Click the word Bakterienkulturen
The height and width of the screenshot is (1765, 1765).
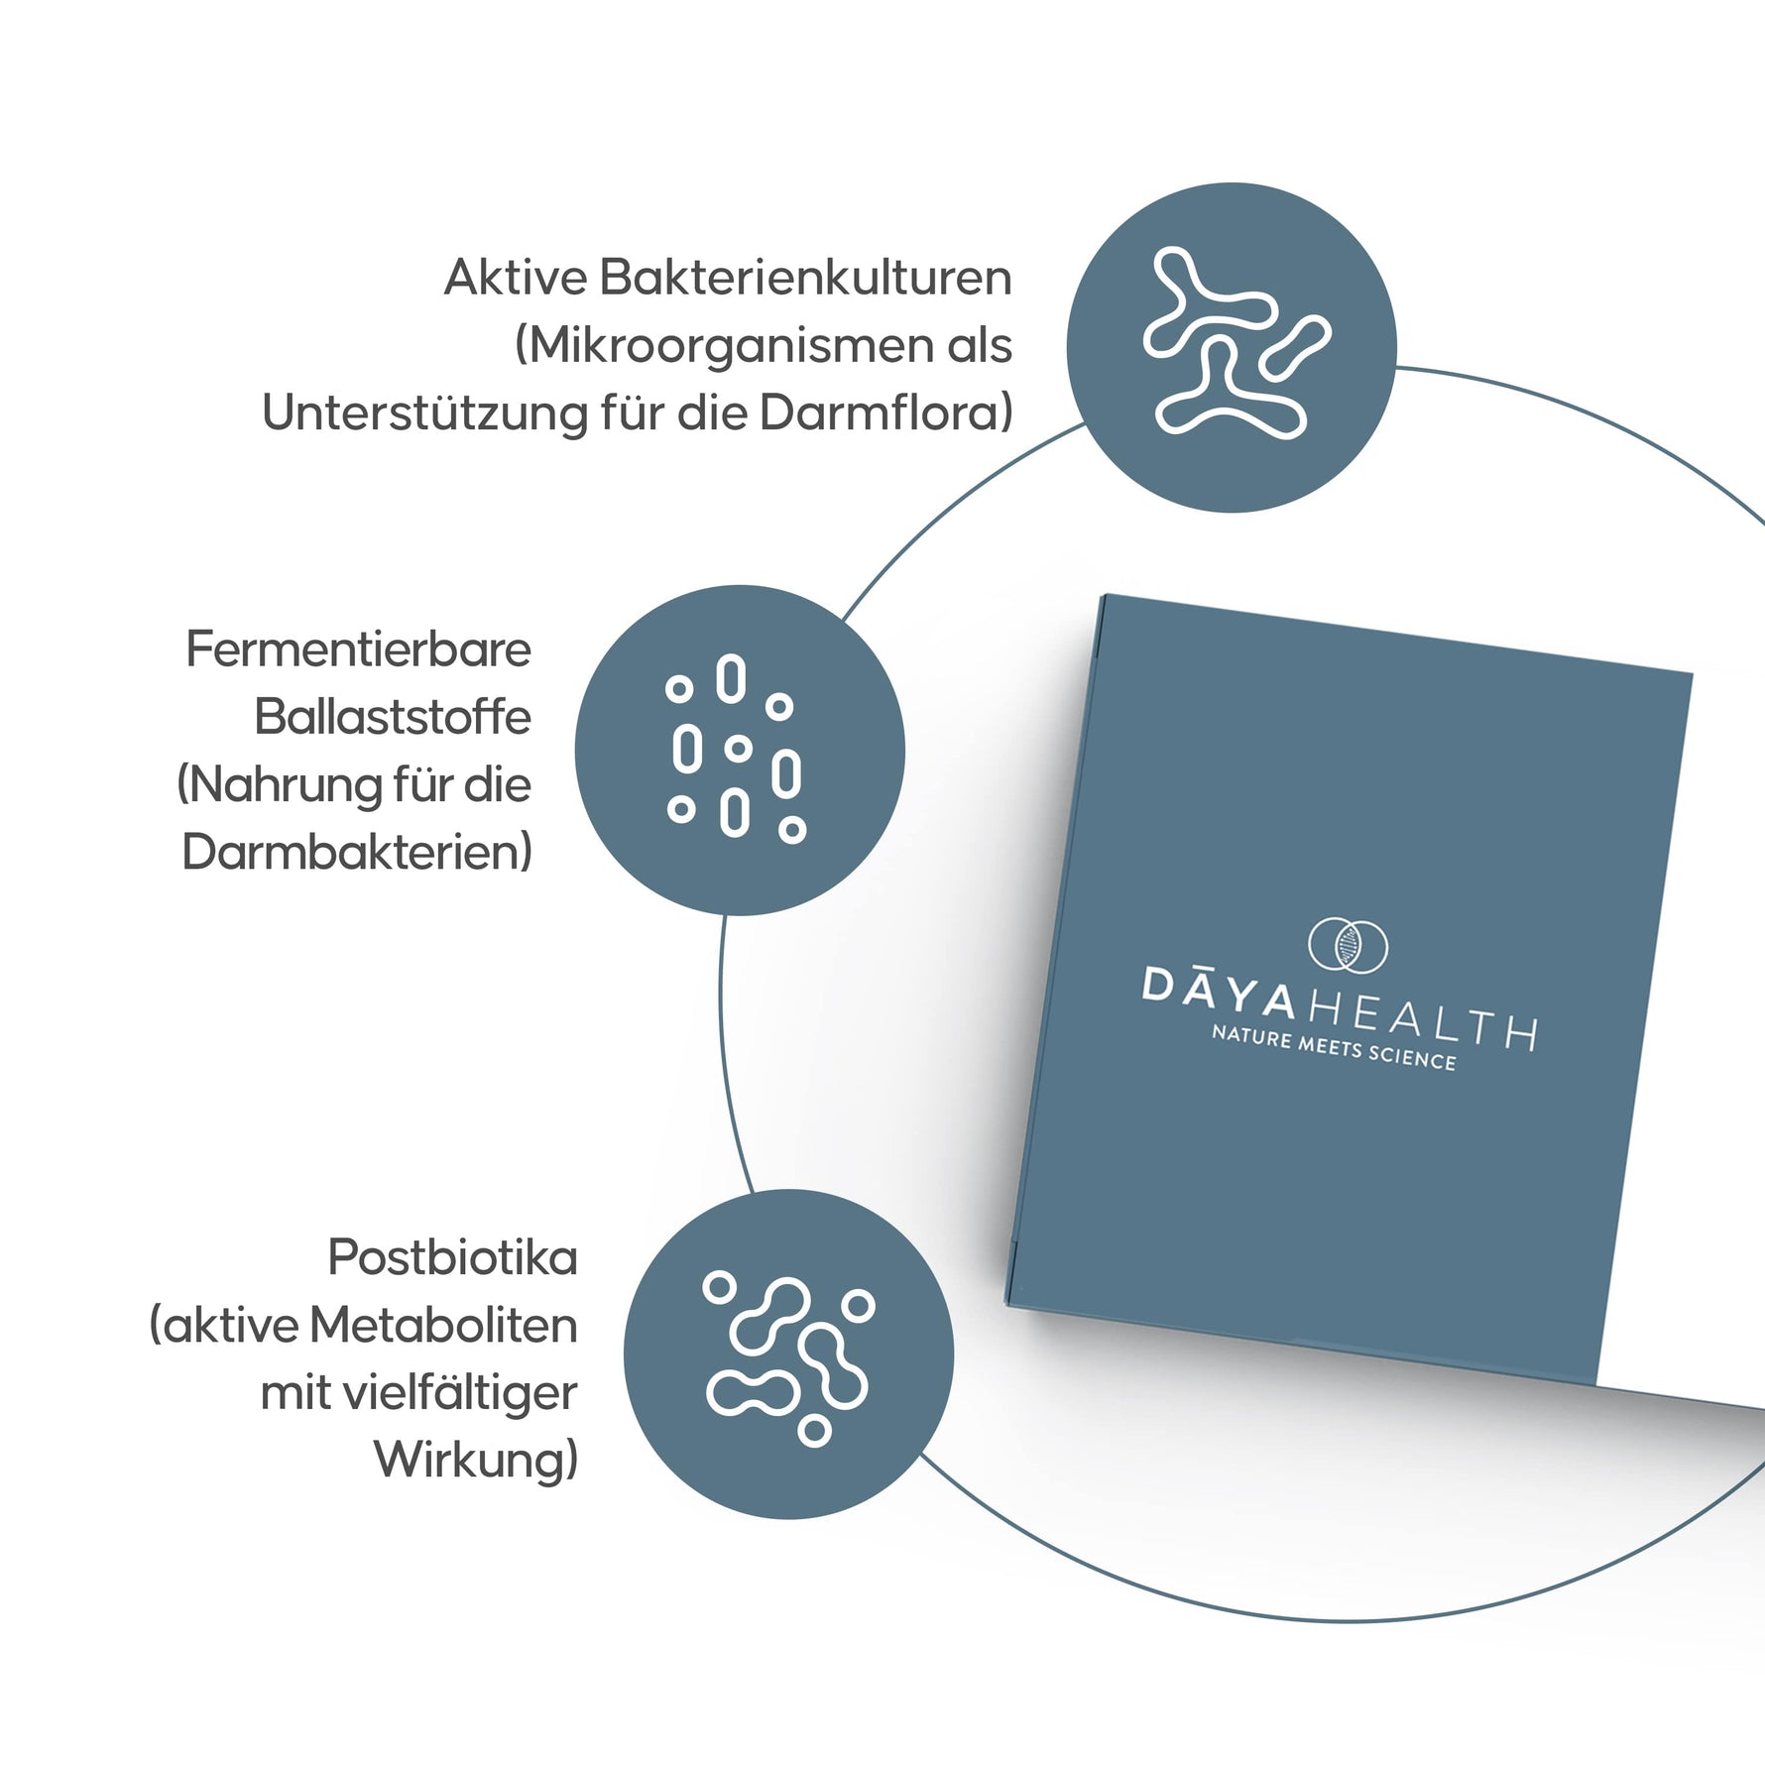(x=805, y=278)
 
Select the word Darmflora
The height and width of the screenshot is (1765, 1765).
(x=886, y=413)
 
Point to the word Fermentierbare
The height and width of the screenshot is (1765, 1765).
(x=359, y=650)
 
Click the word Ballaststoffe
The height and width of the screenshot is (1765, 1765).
(x=393, y=717)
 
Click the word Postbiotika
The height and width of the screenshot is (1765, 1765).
(x=453, y=1258)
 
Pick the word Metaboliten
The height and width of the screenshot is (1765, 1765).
(x=443, y=1326)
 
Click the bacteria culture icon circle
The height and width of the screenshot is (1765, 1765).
(x=1232, y=347)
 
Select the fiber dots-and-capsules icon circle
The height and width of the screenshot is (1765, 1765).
(x=740, y=750)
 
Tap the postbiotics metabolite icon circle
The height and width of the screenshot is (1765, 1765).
(x=788, y=1353)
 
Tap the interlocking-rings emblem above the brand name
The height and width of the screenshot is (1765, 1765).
(x=1348, y=944)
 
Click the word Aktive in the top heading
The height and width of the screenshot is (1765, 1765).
(x=516, y=278)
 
